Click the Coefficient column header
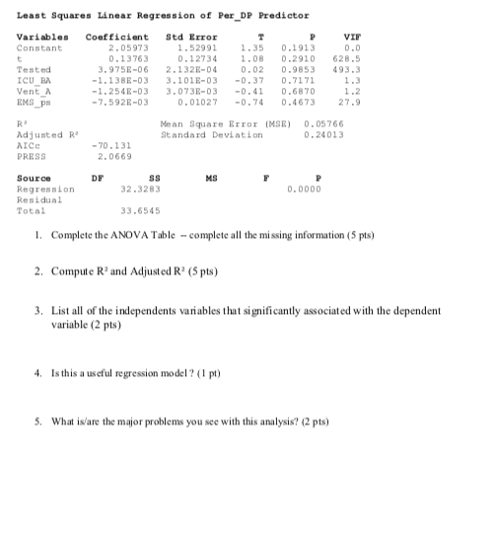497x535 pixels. pos(109,37)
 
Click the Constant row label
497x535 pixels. pos(39,47)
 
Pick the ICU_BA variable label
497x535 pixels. pos(34,80)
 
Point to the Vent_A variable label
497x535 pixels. pos(34,91)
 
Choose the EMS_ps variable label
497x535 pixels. pos(34,102)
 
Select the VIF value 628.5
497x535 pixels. pos(331,58)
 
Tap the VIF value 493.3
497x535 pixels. pos(331,69)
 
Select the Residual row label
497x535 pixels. pos(37,199)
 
